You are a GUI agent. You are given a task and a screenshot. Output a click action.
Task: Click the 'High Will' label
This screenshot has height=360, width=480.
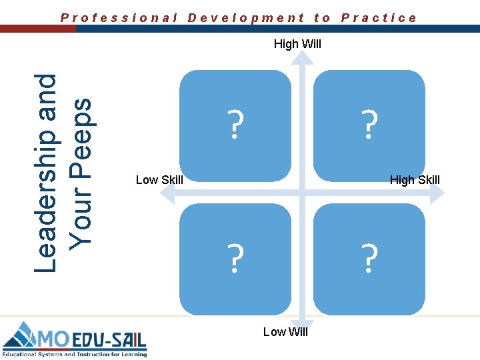[297, 45]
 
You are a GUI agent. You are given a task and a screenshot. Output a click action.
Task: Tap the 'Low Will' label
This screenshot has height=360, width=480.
[285, 332]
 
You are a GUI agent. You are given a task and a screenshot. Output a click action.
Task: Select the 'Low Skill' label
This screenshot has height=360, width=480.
[159, 180]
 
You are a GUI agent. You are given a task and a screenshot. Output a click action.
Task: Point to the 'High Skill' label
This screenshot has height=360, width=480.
[415, 180]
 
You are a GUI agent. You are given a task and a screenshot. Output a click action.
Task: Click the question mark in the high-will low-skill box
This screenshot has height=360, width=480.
[234, 124]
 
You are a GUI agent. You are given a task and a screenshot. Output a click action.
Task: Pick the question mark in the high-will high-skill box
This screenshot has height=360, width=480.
[369, 124]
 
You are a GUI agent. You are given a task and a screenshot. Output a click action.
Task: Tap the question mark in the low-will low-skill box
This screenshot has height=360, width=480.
[234, 258]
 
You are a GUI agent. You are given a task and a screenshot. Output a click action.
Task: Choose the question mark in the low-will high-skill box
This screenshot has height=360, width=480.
[369, 258]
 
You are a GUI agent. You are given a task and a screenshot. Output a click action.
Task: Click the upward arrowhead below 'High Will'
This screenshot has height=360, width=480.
[303, 59]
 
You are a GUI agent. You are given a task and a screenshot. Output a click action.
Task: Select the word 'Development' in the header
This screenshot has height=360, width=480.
[246, 18]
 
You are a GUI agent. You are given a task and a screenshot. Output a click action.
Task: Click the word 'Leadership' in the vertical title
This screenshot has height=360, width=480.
[47, 172]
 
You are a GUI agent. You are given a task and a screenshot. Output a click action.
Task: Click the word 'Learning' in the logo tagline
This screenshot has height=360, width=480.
[131, 354]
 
